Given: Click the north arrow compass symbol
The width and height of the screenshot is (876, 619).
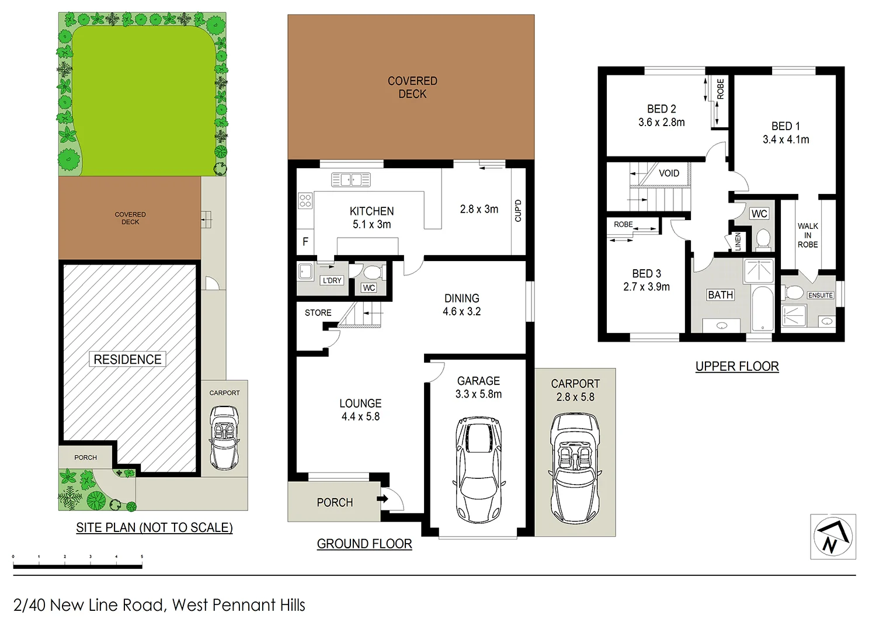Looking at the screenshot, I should [833, 537].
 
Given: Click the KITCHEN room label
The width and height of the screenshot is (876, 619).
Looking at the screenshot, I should [371, 211].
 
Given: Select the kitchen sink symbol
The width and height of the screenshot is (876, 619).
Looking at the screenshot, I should [350, 180].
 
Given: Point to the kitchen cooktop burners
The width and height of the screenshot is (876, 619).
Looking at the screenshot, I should [305, 201].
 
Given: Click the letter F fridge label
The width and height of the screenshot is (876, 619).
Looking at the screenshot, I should [305, 242].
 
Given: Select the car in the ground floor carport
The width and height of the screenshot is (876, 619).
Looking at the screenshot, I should [575, 467].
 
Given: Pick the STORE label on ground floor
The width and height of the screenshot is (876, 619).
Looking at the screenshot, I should [318, 313].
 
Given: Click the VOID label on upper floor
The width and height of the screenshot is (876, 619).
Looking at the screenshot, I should [669, 173].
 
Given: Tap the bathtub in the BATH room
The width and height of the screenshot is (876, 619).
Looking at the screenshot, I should [762, 309].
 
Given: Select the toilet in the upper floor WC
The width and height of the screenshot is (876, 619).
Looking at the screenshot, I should [763, 239].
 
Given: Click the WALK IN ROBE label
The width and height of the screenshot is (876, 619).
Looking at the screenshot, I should [808, 235].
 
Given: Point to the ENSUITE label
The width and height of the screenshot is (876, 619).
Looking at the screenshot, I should [820, 295].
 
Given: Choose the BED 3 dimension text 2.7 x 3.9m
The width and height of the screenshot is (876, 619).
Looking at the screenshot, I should [646, 287].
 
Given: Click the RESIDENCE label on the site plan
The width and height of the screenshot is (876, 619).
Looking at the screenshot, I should [127, 359].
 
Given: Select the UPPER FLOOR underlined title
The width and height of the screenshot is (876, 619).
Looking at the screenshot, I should [737, 366].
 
